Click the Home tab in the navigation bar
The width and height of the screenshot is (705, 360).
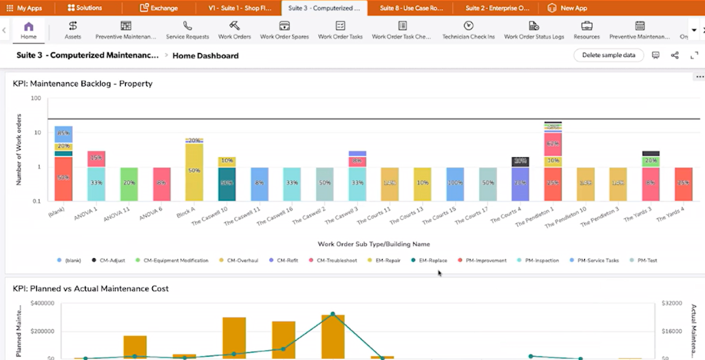[29, 30]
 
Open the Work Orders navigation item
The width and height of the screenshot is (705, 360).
[234, 30]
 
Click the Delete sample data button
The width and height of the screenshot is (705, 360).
[609, 55]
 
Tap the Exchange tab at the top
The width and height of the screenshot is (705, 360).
[158, 8]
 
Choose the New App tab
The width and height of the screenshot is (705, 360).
[569, 8]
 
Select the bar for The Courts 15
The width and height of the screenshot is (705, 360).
[454, 184]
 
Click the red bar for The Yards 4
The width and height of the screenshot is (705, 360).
[684, 184]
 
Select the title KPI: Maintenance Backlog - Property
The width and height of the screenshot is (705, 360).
[83, 84]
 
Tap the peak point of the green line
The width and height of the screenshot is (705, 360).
[333, 314]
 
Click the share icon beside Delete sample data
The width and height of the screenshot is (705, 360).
[675, 55]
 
